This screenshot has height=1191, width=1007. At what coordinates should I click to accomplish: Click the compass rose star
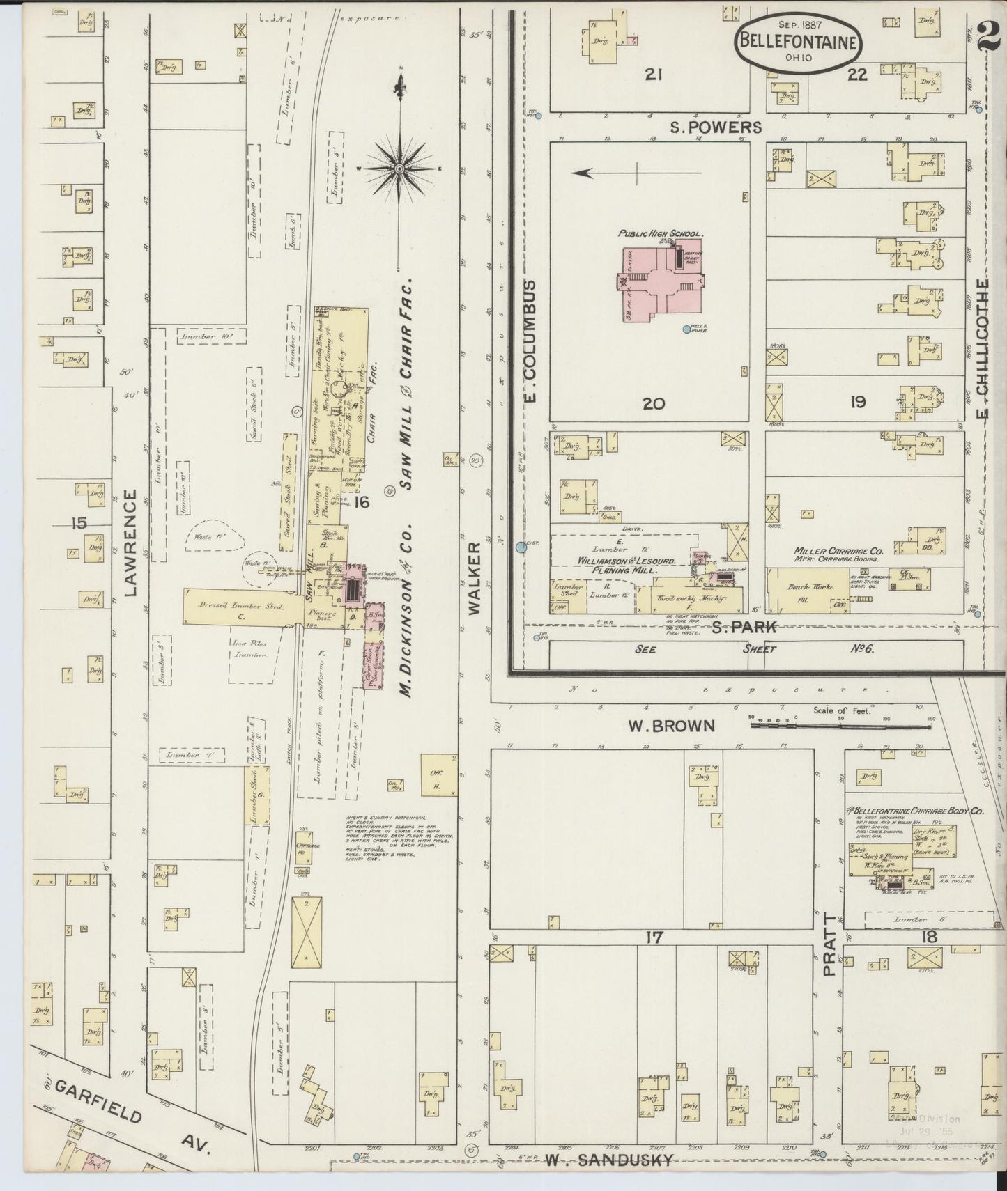(400, 169)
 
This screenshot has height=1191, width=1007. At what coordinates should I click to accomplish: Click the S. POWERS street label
(716, 127)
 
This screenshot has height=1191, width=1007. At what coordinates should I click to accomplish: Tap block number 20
(653, 403)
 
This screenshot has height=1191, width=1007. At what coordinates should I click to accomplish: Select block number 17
(653, 937)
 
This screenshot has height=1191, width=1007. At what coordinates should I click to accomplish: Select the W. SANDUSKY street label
(610, 1160)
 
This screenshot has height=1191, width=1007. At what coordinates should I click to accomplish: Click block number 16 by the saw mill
(361, 501)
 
